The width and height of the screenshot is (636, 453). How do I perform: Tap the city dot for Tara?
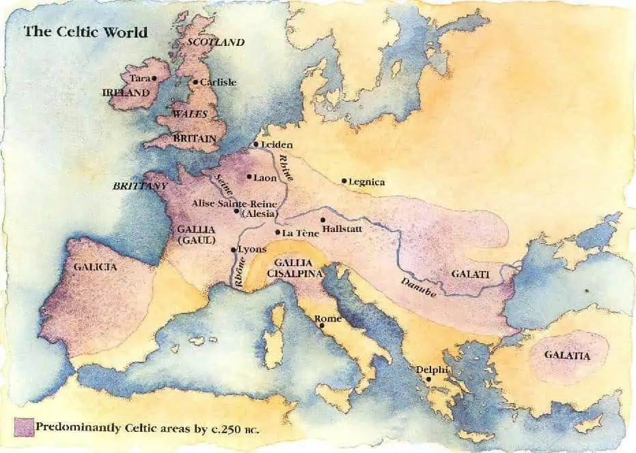pyautogui.click(x=155, y=78)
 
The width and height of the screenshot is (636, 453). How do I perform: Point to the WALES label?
pyautogui.click(x=189, y=114)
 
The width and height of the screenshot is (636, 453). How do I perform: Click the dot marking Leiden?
pyautogui.click(x=255, y=144)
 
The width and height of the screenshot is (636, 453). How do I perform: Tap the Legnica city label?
pyautogui.click(x=367, y=182)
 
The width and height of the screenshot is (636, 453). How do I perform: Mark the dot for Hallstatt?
pyautogui.click(x=323, y=220)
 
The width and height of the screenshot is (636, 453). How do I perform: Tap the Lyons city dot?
pyautogui.click(x=234, y=250)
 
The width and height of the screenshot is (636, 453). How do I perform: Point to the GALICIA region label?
pyautogui.click(x=95, y=267)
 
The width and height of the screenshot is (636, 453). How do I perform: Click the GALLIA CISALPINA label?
pyautogui.click(x=293, y=268)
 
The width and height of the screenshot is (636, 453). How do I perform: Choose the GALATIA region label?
pyautogui.click(x=567, y=355)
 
